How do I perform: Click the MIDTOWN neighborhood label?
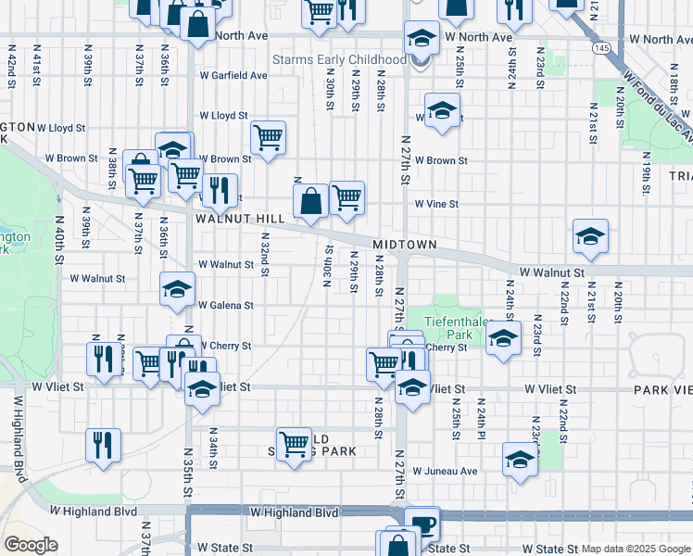pos(404,244)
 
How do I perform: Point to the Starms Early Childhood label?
pos(338,59)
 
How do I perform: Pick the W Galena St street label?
pos(226,305)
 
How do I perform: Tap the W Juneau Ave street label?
pos(445,471)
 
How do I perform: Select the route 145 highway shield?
pos(603,47)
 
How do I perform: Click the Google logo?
pos(31,545)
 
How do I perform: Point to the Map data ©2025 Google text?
pos(635,549)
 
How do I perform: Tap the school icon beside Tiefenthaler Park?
pos(502,338)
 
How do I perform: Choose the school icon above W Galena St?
pos(177,289)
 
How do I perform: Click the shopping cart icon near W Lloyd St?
pos(268,138)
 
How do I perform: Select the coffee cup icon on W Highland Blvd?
pos(422,524)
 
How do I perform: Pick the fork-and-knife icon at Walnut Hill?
pos(220,191)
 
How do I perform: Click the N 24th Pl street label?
pos(482,419)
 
